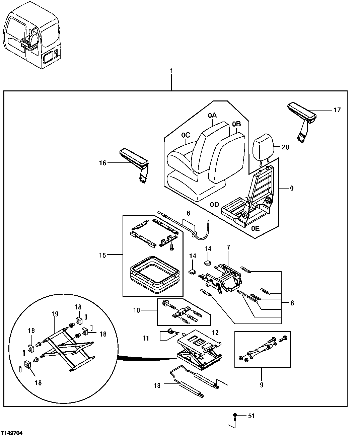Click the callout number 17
coord(337,110)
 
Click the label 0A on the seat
coord(212,116)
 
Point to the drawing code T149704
coord(12,433)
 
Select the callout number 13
coord(157,385)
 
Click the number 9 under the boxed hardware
coord(262,385)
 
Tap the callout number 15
coord(102,256)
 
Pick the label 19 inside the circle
coord(55,314)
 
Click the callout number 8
coord(292,303)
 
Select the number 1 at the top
coord(171,71)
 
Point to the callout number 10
coord(137,310)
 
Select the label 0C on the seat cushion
coord(186,135)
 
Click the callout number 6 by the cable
coord(188,213)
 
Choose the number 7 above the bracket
coord(228,247)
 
